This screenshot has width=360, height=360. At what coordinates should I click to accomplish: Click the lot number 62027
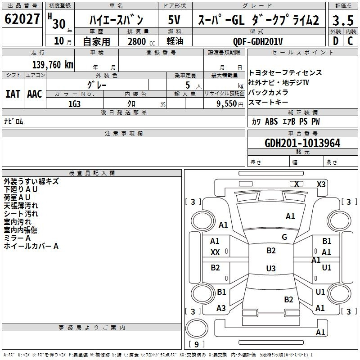pyautogui.click(x=22, y=19)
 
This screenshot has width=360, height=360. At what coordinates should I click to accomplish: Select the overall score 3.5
pyautogui.click(x=343, y=20)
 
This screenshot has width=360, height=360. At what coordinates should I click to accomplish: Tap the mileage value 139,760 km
pyautogui.click(x=53, y=65)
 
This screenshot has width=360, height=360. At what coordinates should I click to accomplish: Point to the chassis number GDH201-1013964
pyautogui.click(x=302, y=143)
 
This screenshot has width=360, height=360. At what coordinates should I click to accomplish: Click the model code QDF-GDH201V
pyautogui.click(x=257, y=41)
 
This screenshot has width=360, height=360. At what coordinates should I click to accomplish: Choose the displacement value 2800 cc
pyautogui.click(x=141, y=41)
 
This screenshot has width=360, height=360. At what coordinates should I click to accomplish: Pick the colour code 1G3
pyautogui.click(x=74, y=104)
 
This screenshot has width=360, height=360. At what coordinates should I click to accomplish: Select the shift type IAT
pyautogui.click(x=13, y=94)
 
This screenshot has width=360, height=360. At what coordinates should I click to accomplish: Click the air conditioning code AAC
pyautogui.click(x=35, y=94)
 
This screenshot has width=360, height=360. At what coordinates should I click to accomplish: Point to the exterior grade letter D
pyautogui.click(x=336, y=41)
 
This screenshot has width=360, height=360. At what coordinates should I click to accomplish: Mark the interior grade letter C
pyautogui.click(x=350, y=41)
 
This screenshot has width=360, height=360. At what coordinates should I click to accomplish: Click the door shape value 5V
pyautogui.click(x=174, y=20)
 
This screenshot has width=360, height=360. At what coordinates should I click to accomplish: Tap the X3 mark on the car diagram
pyautogui.click(x=321, y=184)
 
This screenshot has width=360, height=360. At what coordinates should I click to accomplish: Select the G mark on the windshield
pyautogui.click(x=284, y=237)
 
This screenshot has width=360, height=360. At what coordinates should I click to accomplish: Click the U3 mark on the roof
pyautogui.click(x=271, y=268)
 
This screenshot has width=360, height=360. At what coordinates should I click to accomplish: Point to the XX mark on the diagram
pyautogui.click(x=215, y=252)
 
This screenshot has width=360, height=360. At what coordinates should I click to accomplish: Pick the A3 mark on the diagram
pyautogui.click(x=221, y=308)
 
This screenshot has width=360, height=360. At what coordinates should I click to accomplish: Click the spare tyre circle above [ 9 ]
pyautogui.click(x=197, y=328)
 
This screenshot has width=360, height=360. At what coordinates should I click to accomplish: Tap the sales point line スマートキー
pyautogui.click(x=268, y=102)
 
